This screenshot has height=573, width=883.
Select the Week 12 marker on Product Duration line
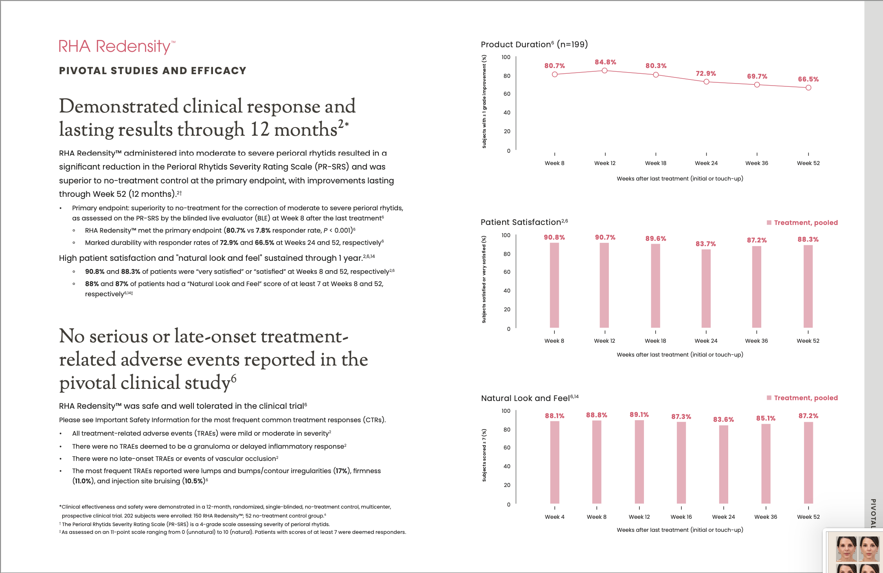pyautogui.click(x=605, y=71)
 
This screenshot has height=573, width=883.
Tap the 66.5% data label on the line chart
pyautogui.click(x=808, y=79)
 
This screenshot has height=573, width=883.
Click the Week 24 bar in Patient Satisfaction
pyautogui.click(x=706, y=288)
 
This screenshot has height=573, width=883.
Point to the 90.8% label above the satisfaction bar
pyautogui.click(x=554, y=237)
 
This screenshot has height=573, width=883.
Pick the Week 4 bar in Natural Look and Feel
pyautogui.click(x=555, y=462)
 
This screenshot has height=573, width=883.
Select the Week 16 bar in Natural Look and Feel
pyautogui.click(x=681, y=463)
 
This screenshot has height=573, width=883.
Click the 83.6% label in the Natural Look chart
pyautogui.click(x=723, y=419)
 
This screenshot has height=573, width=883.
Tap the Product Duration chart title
pyautogui.click(x=534, y=44)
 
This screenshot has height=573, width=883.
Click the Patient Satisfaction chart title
pyautogui.click(x=524, y=222)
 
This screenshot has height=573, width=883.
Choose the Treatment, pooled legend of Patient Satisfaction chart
pyautogui.click(x=802, y=223)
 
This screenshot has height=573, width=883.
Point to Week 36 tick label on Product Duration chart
pyautogui.click(x=757, y=163)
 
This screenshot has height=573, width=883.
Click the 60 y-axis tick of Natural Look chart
pyautogui.click(x=507, y=447)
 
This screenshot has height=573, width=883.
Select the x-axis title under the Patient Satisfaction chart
pyautogui.click(x=680, y=355)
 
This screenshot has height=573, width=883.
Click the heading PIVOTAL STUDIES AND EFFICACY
pyautogui.click(x=153, y=71)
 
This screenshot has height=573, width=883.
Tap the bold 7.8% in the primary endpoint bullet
pyautogui.click(x=263, y=230)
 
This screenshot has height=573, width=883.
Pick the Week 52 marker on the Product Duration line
pyautogui.click(x=808, y=88)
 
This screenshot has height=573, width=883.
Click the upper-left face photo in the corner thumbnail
pyautogui.click(x=846, y=549)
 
